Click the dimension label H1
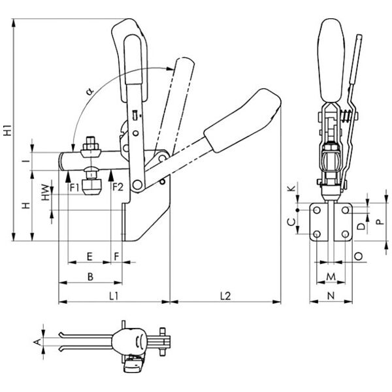click(7, 129)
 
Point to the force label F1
click(75, 188)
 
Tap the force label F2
click(118, 188)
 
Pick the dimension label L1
click(112, 296)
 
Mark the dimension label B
click(91, 276)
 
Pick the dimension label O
click(358, 255)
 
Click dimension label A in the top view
click(37, 340)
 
